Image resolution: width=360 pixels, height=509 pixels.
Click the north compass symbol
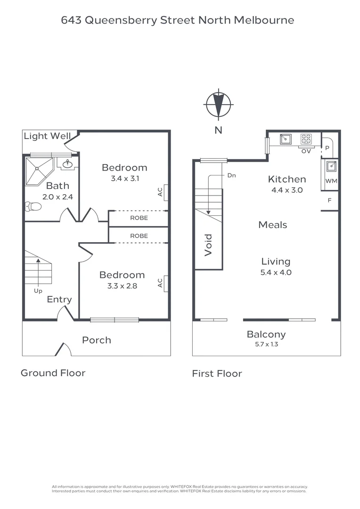218,104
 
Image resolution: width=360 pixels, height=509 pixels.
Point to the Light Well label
47,136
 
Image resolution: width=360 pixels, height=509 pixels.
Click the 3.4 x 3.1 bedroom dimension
124,179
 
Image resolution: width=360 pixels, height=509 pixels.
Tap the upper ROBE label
139,218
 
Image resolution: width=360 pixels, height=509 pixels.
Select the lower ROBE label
139,236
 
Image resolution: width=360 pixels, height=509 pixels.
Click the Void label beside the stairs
208,245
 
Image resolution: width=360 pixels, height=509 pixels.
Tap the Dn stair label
231,175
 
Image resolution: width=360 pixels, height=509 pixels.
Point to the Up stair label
38,291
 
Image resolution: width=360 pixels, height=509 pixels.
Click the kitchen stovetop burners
306,139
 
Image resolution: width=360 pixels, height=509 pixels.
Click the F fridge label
329,200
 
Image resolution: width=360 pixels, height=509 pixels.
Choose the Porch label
97,340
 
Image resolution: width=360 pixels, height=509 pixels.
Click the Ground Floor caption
53,373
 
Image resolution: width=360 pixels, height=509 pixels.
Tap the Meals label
272,225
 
